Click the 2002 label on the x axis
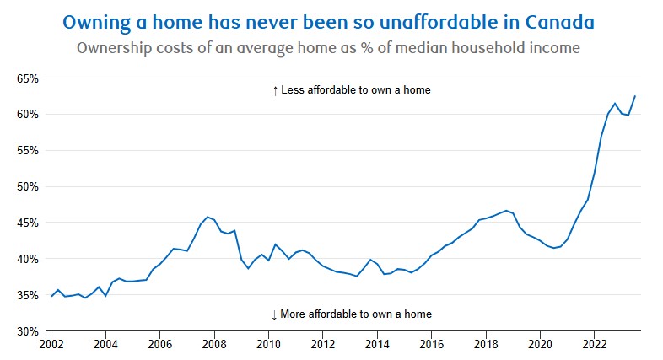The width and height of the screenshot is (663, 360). [x=51, y=346]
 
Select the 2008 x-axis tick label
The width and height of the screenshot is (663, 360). [x=214, y=346]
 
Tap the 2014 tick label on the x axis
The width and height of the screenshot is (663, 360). [x=377, y=346]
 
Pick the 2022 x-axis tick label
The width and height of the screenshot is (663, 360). [x=595, y=346]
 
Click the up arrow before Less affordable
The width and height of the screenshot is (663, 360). [x=275, y=90]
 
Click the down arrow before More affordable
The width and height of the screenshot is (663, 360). [x=274, y=314]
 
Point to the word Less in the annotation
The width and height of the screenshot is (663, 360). [x=294, y=90]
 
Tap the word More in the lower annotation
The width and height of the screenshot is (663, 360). [x=295, y=314]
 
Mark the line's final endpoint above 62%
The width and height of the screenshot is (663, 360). [x=635, y=96]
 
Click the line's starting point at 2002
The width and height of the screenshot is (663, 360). [x=51, y=296]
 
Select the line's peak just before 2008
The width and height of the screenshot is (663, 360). [x=208, y=217]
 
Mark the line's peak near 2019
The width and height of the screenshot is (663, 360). [x=506, y=211]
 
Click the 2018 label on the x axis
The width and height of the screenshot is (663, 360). [x=486, y=346]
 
